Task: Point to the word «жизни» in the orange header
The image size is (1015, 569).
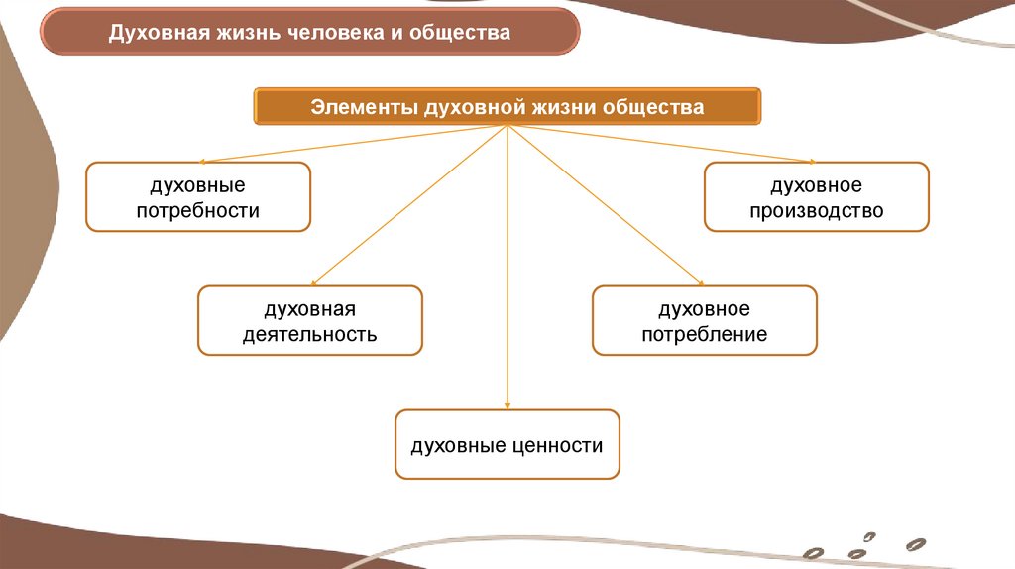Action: [x=562, y=107]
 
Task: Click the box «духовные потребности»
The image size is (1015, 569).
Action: [x=198, y=197]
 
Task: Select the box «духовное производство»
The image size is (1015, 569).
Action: [x=817, y=197]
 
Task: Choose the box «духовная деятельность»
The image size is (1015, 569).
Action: [x=310, y=320]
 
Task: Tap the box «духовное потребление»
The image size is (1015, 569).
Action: [x=705, y=320]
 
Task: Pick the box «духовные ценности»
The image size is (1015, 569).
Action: [x=507, y=445]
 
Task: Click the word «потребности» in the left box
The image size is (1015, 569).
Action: [x=198, y=210]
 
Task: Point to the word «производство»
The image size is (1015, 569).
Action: [x=817, y=210]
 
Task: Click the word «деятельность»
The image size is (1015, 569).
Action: [x=310, y=334]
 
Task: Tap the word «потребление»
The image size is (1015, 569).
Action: [x=705, y=334]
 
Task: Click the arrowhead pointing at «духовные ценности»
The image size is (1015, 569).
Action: [x=507, y=404]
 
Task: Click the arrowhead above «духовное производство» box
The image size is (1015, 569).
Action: [x=812, y=160]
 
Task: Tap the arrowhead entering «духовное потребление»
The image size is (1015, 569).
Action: [x=699, y=282]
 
